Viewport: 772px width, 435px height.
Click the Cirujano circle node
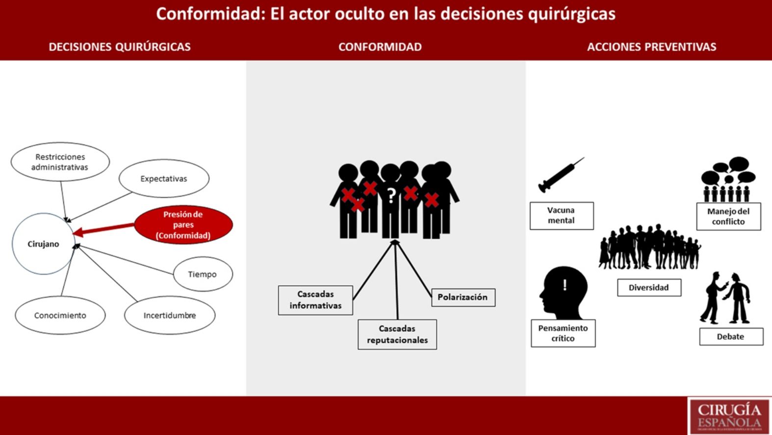[43, 244]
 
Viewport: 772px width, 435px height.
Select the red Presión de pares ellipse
[183, 225]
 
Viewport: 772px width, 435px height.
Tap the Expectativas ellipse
[164, 179]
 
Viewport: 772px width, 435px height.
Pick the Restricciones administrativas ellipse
[60, 162]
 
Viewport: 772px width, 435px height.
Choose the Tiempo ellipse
[203, 274]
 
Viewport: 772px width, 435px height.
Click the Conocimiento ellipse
[60, 315]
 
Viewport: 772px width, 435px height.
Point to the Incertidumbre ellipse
[170, 315]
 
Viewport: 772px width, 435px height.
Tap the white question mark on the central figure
[391, 195]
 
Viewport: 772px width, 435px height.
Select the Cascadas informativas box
[315, 300]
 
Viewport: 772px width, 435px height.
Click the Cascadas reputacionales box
[397, 334]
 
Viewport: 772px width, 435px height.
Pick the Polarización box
[463, 297]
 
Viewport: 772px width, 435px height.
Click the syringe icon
[561, 175]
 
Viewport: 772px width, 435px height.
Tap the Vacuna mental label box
[561, 216]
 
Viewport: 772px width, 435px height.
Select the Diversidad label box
[649, 288]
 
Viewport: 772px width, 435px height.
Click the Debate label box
[731, 337]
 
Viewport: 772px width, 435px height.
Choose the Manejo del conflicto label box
[728, 217]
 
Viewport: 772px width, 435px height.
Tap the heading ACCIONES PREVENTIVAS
[651, 47]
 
